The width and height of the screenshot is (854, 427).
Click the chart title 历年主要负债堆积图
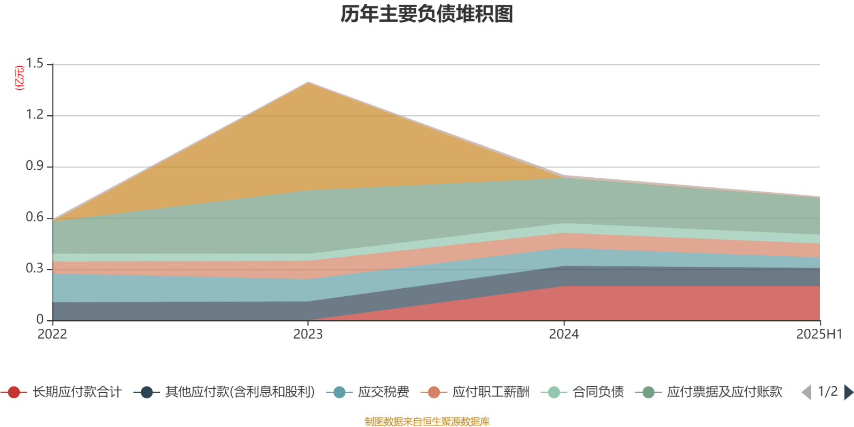click(x=427, y=14)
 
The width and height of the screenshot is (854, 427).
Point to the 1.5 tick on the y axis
click(x=35, y=64)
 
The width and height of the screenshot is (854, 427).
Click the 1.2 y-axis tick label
click(x=35, y=115)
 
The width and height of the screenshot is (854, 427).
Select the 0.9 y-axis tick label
click(x=35, y=167)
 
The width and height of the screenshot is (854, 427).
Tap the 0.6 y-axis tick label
click(x=35, y=218)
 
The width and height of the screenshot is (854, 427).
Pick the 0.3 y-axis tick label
click(x=35, y=269)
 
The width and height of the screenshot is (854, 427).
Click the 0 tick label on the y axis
click(x=40, y=320)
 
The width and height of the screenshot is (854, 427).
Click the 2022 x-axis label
click(x=52, y=335)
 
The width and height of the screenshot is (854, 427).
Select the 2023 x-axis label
click(x=308, y=335)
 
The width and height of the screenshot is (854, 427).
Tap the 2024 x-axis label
click(x=564, y=335)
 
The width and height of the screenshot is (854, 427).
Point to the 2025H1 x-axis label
click(x=819, y=335)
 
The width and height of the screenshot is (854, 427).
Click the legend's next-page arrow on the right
click(x=848, y=392)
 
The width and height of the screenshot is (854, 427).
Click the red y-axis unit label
click(x=19, y=78)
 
